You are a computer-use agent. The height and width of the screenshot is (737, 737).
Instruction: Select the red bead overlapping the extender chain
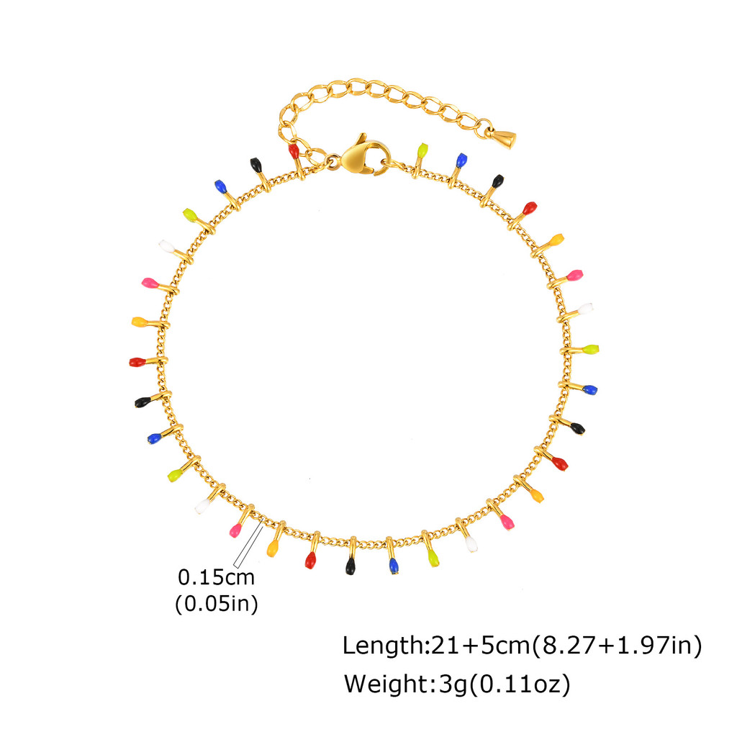294,151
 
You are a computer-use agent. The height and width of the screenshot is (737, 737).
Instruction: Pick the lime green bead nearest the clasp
422,150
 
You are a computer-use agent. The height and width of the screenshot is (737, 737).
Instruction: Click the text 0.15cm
216,577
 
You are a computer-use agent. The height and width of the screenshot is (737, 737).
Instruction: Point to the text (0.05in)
216,604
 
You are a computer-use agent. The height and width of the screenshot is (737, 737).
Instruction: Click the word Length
383,645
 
